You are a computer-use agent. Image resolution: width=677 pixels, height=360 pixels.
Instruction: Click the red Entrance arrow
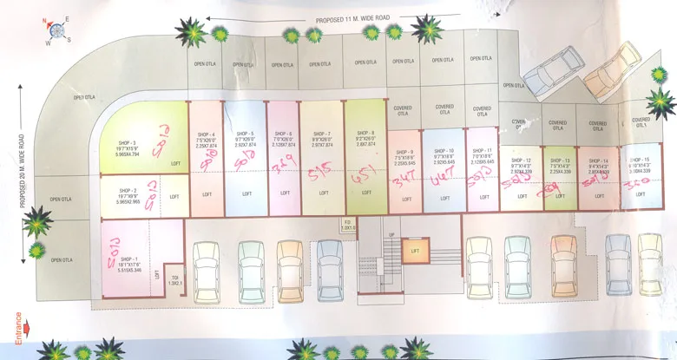pos(29,329)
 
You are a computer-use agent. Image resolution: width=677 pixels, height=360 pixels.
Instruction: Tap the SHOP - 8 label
pos(365,133)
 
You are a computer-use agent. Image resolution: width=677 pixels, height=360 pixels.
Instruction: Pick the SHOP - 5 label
pos(245,133)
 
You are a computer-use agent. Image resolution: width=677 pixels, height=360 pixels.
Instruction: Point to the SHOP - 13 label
pos(521,160)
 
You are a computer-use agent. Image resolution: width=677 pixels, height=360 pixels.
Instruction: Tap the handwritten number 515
pos(319,172)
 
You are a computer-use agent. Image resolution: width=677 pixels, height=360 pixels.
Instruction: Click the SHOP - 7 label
pos(322,133)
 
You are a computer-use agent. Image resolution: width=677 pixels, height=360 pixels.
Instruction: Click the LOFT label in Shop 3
pos(175,163)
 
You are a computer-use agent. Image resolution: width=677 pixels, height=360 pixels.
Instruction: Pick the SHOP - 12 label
pos(521,160)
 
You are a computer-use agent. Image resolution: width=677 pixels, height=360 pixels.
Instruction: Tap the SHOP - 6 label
pos(284,133)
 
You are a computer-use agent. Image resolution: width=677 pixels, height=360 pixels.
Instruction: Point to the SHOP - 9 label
pos(404,151)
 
